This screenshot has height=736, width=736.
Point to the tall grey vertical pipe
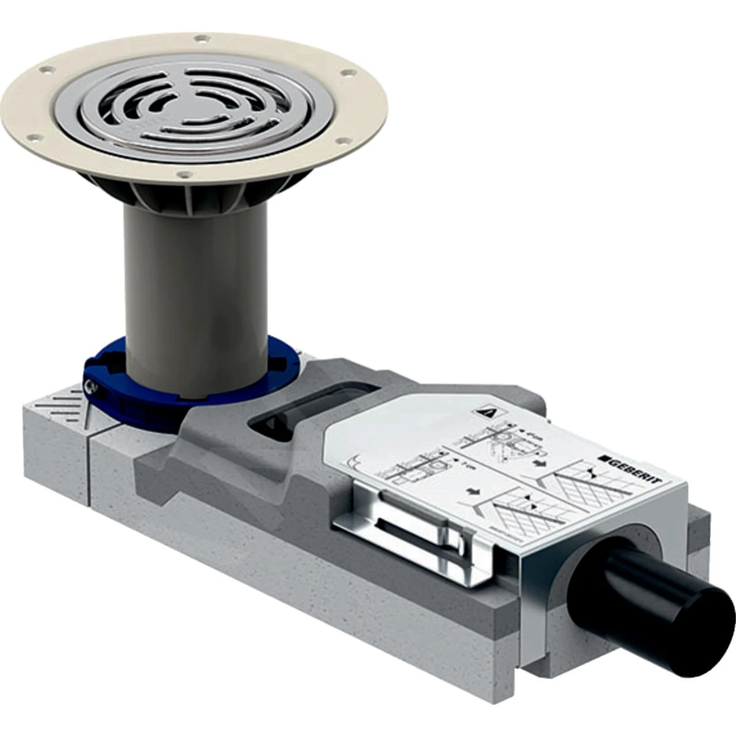pos(195,288)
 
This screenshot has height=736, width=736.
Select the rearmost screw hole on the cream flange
pos(199,39)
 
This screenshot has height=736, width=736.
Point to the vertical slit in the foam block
pos(90,466)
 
